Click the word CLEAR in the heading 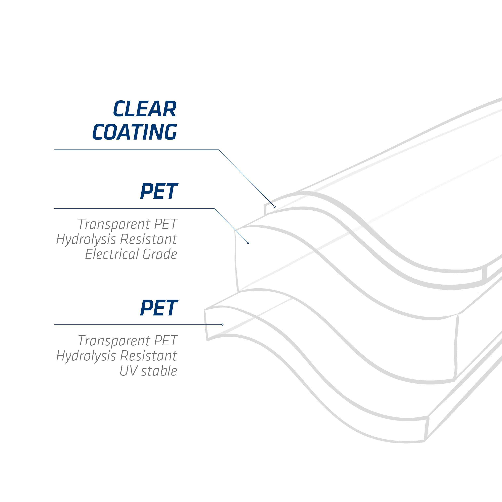click(145, 108)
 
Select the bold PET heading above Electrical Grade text click(159, 191)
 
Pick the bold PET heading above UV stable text click(159, 308)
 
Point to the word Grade click(160, 254)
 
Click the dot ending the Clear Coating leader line click(275, 207)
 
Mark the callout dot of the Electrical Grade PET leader click(248, 243)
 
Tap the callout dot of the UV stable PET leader click(222, 324)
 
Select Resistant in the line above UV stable click(148, 356)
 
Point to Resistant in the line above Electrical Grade click(148, 239)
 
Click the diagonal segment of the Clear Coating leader click(247, 178)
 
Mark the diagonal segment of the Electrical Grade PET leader click(231, 225)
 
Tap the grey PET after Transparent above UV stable click(166, 341)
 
